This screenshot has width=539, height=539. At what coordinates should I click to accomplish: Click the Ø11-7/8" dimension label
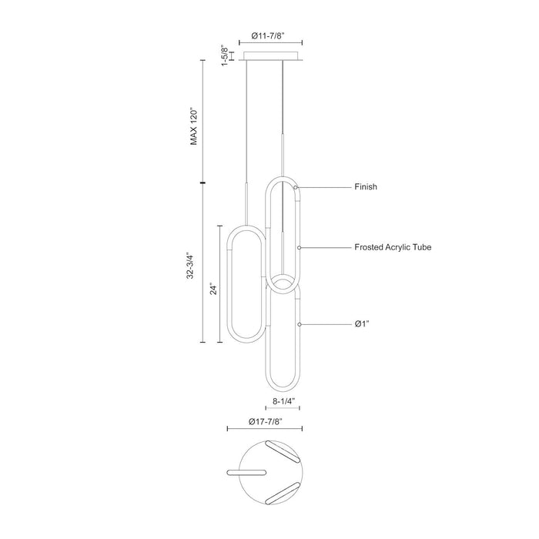[x=268, y=35]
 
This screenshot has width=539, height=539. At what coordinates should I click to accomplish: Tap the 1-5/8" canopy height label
[x=225, y=55]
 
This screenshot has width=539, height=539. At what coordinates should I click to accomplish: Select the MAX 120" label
[x=194, y=127]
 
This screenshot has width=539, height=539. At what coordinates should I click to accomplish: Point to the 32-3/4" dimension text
[x=190, y=266]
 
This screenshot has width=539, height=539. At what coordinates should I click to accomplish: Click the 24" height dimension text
[x=214, y=290]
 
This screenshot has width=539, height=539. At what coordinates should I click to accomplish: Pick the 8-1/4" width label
[x=284, y=401]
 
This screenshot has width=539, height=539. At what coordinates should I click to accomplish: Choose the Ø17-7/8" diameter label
[x=266, y=421]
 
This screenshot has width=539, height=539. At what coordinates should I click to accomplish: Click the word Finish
[x=366, y=186]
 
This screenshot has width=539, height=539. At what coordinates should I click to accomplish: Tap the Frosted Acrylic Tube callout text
[x=393, y=247]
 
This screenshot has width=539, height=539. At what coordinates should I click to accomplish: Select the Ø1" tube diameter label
[x=362, y=324]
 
